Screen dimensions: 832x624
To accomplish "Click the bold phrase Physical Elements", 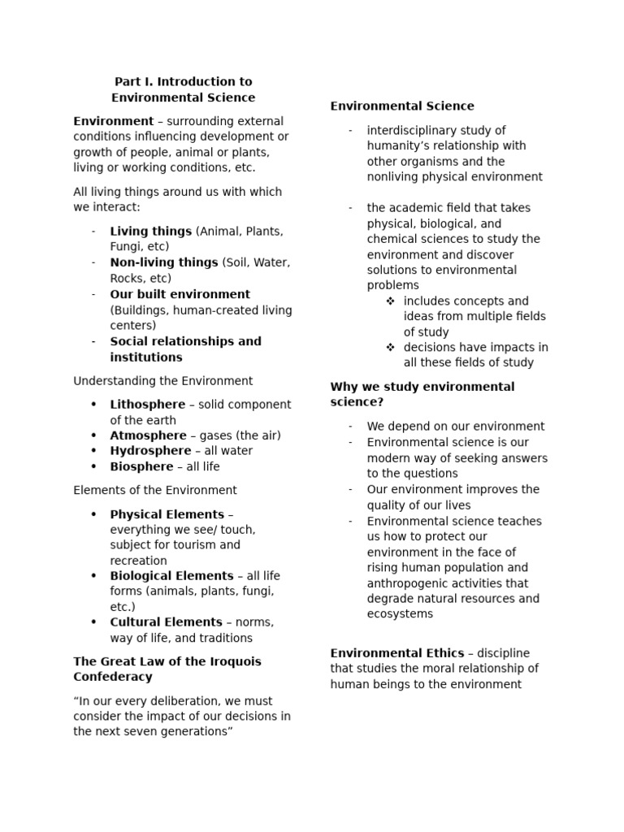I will [167, 514].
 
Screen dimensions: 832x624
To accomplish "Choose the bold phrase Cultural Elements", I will [166, 622].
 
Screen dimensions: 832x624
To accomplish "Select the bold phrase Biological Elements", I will [171, 576].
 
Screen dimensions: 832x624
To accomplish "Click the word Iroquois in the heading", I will [233, 661].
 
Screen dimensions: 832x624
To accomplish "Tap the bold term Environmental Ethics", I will [396, 653].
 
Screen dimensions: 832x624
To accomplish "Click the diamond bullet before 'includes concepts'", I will [390, 301].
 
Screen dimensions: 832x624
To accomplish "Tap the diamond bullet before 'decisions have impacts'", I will [390, 348].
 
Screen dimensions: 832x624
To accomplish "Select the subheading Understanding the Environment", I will [162, 381].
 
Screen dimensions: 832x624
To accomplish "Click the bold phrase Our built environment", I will [180, 294].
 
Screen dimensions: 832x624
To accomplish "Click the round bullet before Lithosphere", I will [93, 405].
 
